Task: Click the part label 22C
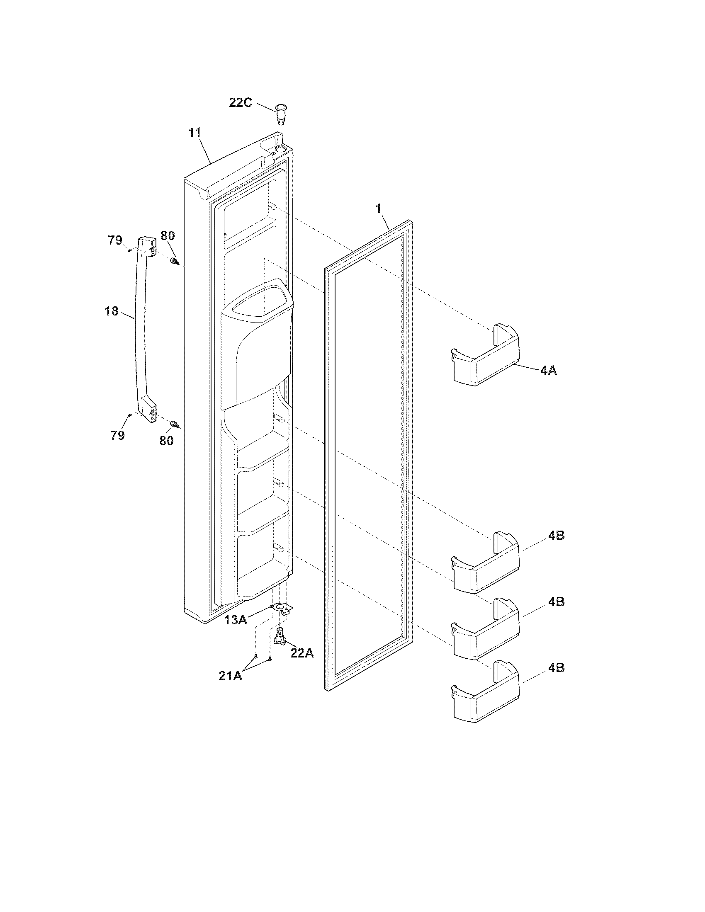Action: [240, 102]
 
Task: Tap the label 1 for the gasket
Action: [379, 209]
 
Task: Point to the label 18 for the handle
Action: [112, 311]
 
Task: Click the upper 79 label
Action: [115, 240]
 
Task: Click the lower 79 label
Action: [118, 436]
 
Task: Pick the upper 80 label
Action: [168, 235]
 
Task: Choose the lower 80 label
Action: [166, 441]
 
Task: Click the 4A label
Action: [548, 370]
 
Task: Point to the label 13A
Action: [235, 620]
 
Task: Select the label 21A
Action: [230, 676]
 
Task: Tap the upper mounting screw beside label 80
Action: [175, 262]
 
